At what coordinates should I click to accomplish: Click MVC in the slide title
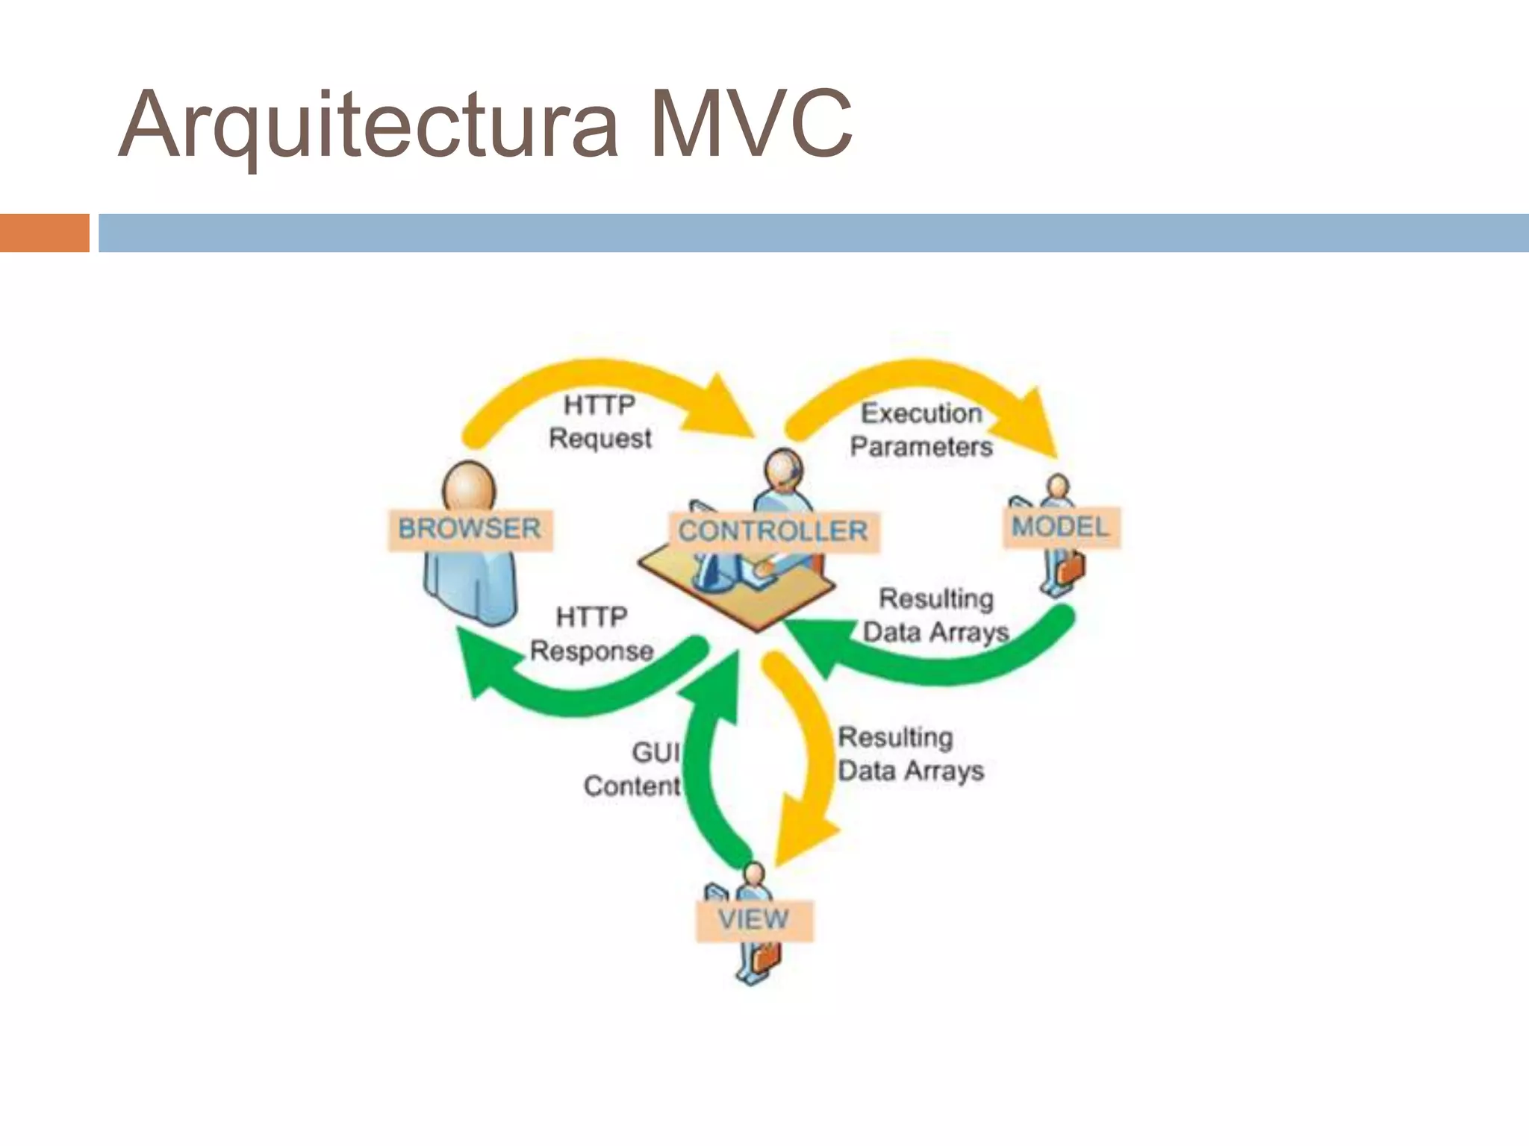click(x=750, y=125)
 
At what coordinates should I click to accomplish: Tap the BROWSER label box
click(x=470, y=530)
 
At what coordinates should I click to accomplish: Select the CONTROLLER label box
click(x=773, y=532)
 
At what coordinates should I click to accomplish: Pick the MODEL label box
click(x=1060, y=527)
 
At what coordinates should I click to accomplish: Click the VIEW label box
click(x=753, y=920)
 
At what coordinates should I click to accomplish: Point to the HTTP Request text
click(x=600, y=422)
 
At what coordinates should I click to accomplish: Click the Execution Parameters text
click(x=921, y=430)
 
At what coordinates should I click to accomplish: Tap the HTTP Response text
click(x=591, y=634)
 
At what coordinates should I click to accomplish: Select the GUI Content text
click(x=633, y=769)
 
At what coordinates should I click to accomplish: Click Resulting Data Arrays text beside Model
click(x=935, y=616)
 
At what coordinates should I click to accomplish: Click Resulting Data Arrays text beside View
click(x=910, y=754)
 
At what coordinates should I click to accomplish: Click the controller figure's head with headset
click(x=782, y=470)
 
